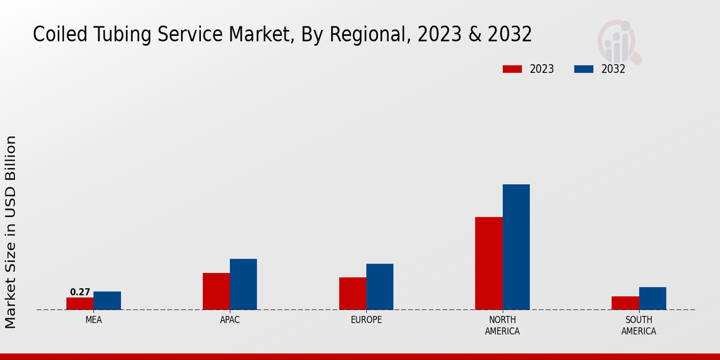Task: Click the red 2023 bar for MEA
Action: [x=80, y=304]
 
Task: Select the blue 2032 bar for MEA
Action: [x=107, y=301]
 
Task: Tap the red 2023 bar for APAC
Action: [x=216, y=292]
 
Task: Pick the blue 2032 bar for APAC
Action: [x=243, y=284]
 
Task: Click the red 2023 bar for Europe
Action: [x=352, y=293]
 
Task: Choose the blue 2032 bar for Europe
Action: [x=380, y=287]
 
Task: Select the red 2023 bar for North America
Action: [x=488, y=263]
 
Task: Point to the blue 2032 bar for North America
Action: [x=516, y=247]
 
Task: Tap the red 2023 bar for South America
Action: [x=625, y=303]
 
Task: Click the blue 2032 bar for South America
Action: [x=652, y=298]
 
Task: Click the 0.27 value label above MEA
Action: [x=80, y=292]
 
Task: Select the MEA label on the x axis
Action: [x=94, y=320]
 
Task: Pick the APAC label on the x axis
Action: [x=230, y=320]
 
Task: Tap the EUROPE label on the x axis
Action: [x=366, y=320]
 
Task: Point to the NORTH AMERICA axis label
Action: [x=502, y=326]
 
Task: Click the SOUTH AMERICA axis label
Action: [x=638, y=326]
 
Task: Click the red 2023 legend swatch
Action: [x=512, y=69]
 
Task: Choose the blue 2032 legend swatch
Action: [x=584, y=69]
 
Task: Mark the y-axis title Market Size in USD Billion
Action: [x=11, y=232]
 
